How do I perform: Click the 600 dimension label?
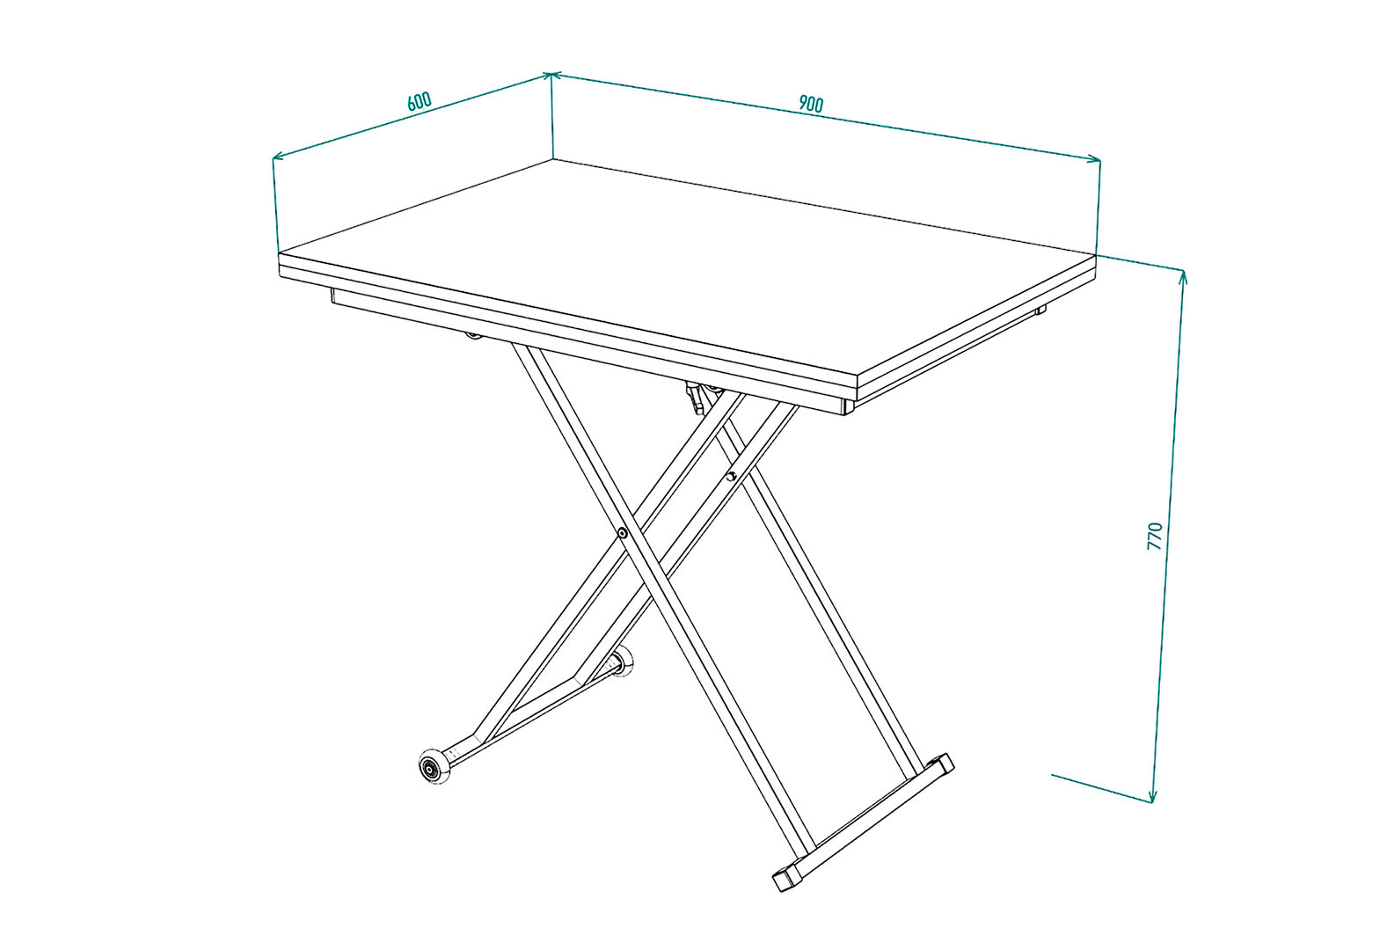point(420,101)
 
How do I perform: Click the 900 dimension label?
point(811,104)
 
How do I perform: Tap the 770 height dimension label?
point(1155,537)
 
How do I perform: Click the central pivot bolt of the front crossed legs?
point(623,532)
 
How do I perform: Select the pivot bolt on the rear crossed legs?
point(731,476)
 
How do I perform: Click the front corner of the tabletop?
point(857,376)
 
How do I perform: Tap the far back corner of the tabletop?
point(553,160)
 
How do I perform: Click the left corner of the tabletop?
point(280,253)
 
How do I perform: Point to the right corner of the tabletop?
point(1095,254)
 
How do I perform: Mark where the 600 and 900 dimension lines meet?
point(551,74)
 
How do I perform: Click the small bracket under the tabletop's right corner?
point(1040,309)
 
